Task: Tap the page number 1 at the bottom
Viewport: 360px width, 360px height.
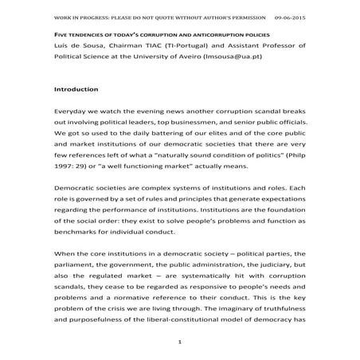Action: click(x=181, y=342)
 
